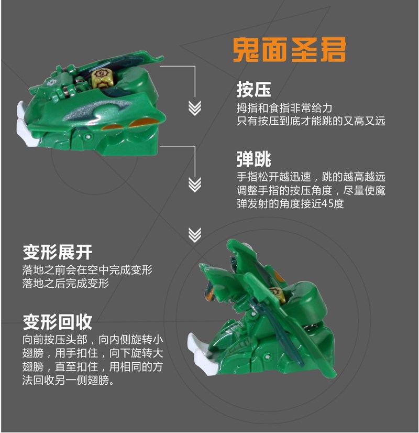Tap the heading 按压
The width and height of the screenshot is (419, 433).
tap(253, 90)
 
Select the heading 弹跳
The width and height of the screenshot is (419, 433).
tap(253, 158)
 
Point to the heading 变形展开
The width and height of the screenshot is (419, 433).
tap(58, 253)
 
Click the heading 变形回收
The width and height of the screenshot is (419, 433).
tap(58, 321)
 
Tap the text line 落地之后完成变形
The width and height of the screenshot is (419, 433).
tap(65, 284)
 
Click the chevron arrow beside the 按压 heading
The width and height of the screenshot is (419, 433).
tap(195, 107)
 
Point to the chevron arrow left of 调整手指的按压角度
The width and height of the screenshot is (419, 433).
tap(195, 185)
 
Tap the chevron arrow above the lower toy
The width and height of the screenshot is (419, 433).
tap(195, 234)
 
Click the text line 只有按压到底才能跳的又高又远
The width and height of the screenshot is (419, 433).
tap(311, 121)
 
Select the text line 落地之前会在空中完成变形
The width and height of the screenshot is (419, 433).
tap(87, 270)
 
